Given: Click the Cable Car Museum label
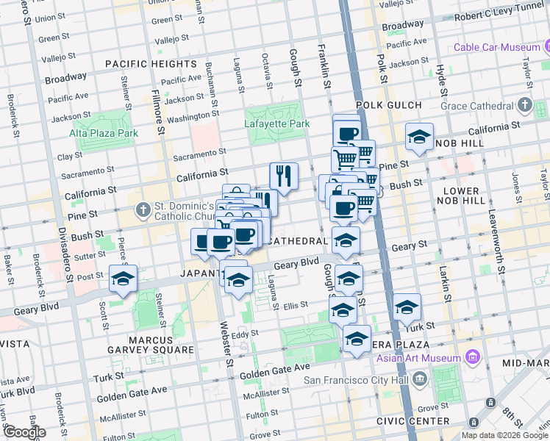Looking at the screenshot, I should tap(496, 47).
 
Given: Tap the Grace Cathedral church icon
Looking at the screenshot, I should tap(524, 106).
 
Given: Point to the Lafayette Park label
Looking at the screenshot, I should tap(276, 124).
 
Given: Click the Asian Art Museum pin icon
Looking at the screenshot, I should tap(472, 358).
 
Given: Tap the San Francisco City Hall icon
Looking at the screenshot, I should tap(420, 380).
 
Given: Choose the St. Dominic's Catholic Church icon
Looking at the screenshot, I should tap(143, 212).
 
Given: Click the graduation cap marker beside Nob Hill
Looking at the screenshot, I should tap(419, 137).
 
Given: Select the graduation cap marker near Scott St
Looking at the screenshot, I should tap(123, 279).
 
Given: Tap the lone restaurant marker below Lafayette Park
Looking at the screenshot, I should tap(284, 176).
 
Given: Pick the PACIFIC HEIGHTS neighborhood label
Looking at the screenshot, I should tap(151, 64).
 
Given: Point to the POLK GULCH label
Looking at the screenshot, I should tap(389, 106).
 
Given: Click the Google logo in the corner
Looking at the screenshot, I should tap(24, 431).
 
